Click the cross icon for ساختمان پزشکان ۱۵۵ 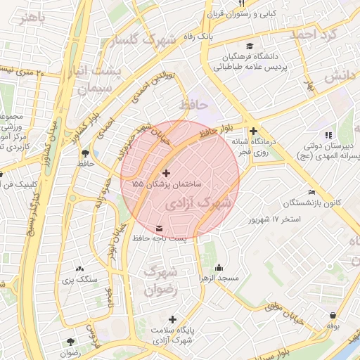[166, 173]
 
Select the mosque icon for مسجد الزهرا [219, 268]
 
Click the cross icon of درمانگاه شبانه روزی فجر [253, 131]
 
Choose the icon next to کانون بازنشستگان [312, 193]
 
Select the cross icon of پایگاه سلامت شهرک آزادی [172, 319]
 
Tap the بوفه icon [333, 316]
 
